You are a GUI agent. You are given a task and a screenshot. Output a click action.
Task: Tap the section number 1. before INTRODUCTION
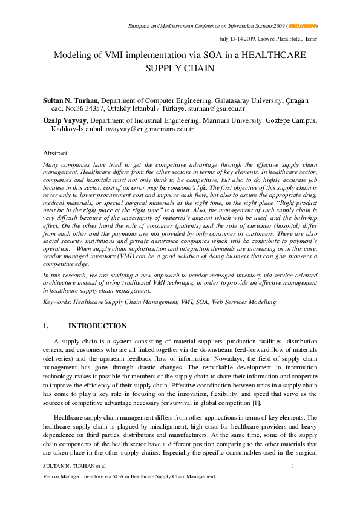[46, 326]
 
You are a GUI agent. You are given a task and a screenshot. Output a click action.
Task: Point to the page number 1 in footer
[293, 466]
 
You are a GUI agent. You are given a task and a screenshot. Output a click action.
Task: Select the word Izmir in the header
[310, 38]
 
